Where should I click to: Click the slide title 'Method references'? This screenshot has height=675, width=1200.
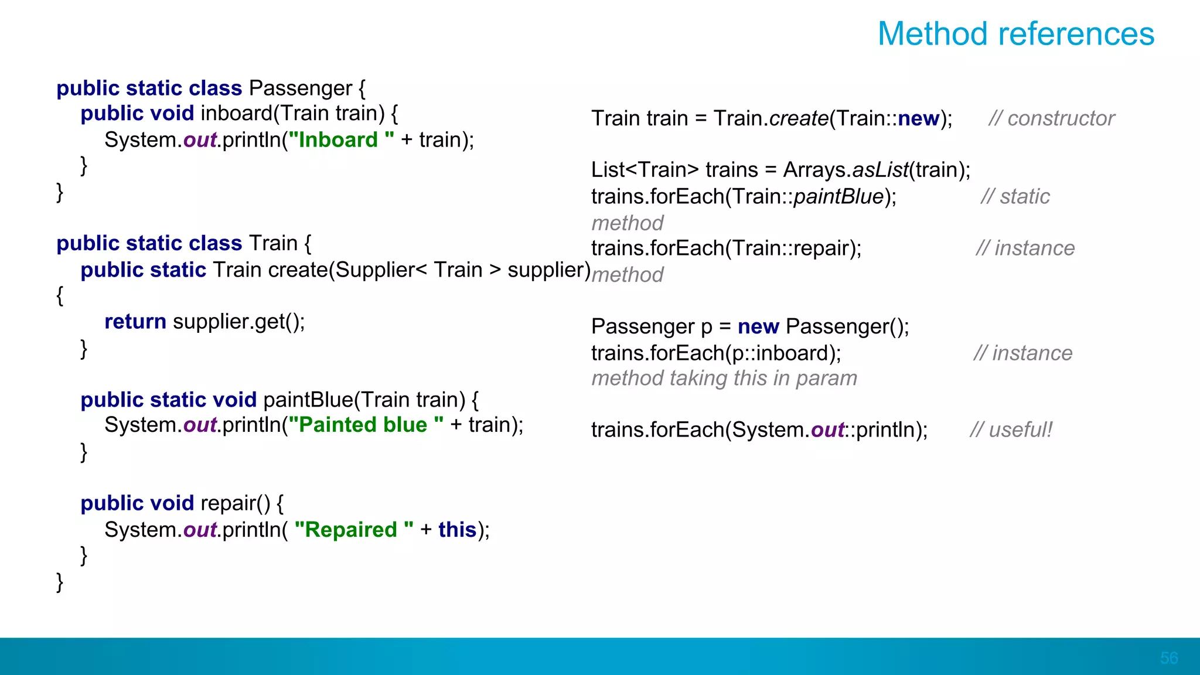[1015, 34]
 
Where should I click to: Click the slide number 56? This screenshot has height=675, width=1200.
[1168, 658]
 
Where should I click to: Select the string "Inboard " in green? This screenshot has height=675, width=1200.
[341, 140]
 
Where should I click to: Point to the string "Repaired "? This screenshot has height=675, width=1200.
[354, 530]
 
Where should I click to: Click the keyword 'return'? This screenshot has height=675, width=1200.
[135, 322]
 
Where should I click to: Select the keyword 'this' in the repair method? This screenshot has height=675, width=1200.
[457, 530]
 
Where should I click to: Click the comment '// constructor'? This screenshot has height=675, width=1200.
[1051, 118]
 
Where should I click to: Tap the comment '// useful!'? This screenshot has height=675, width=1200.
[1011, 430]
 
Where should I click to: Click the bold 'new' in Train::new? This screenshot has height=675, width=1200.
[918, 118]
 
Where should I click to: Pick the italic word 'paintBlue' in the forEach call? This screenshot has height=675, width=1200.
[838, 197]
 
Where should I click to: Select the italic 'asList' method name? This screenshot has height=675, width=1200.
[880, 170]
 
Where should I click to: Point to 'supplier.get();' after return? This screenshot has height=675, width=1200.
[239, 322]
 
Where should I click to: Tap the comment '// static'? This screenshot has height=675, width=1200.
[1015, 197]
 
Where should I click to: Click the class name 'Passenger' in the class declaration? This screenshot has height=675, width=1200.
[300, 88]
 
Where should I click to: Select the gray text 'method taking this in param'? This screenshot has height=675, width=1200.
[724, 379]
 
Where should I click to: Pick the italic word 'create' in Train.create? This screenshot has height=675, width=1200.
[799, 118]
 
